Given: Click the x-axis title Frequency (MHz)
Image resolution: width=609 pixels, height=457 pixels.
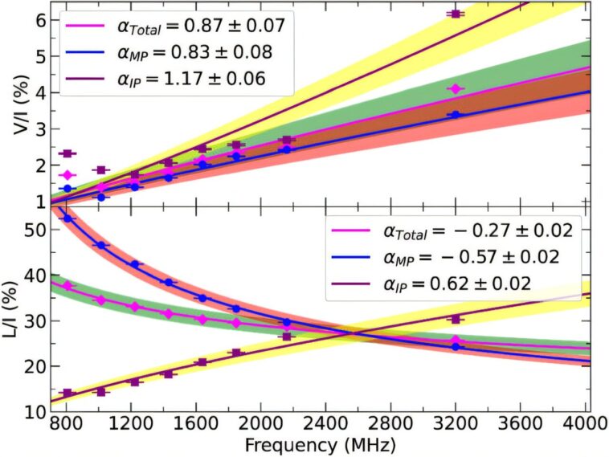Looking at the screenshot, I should (x=321, y=443).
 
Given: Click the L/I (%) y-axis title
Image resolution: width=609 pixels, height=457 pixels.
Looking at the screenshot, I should (x=14, y=308).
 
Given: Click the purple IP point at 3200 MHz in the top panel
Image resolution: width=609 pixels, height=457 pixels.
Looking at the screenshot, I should (x=456, y=14).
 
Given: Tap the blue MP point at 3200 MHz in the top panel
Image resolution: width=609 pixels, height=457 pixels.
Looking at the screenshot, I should (x=456, y=115).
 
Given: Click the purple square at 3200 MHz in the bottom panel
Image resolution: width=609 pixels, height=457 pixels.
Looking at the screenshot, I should (x=456, y=318).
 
